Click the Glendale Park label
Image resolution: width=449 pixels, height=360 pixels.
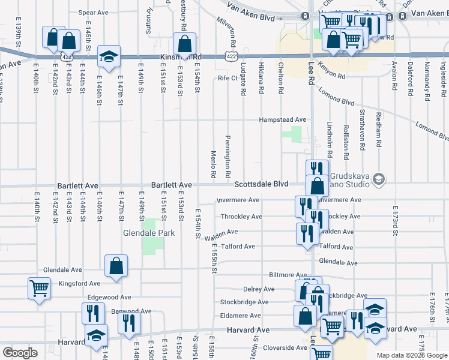pos(148,232)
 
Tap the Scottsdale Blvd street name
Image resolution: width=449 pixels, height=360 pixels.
pos(261,184)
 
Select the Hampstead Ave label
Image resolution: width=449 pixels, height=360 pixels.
pos(282,120)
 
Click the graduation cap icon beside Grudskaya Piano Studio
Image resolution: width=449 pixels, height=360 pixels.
pos(379,178)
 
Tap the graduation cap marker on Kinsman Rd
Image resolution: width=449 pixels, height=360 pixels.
pos(109,56)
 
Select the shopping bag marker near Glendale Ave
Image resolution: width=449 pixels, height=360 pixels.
pos(116,265)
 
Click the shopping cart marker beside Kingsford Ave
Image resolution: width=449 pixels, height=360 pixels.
pos(39,288)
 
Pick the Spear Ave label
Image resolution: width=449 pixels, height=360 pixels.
pos(93,12)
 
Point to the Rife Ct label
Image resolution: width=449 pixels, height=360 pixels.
pos(228,78)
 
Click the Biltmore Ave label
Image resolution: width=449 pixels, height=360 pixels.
pos(288,274)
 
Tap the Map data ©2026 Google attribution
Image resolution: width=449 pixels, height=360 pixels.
pos(412,356)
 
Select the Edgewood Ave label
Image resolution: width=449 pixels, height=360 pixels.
pos(109,297)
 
